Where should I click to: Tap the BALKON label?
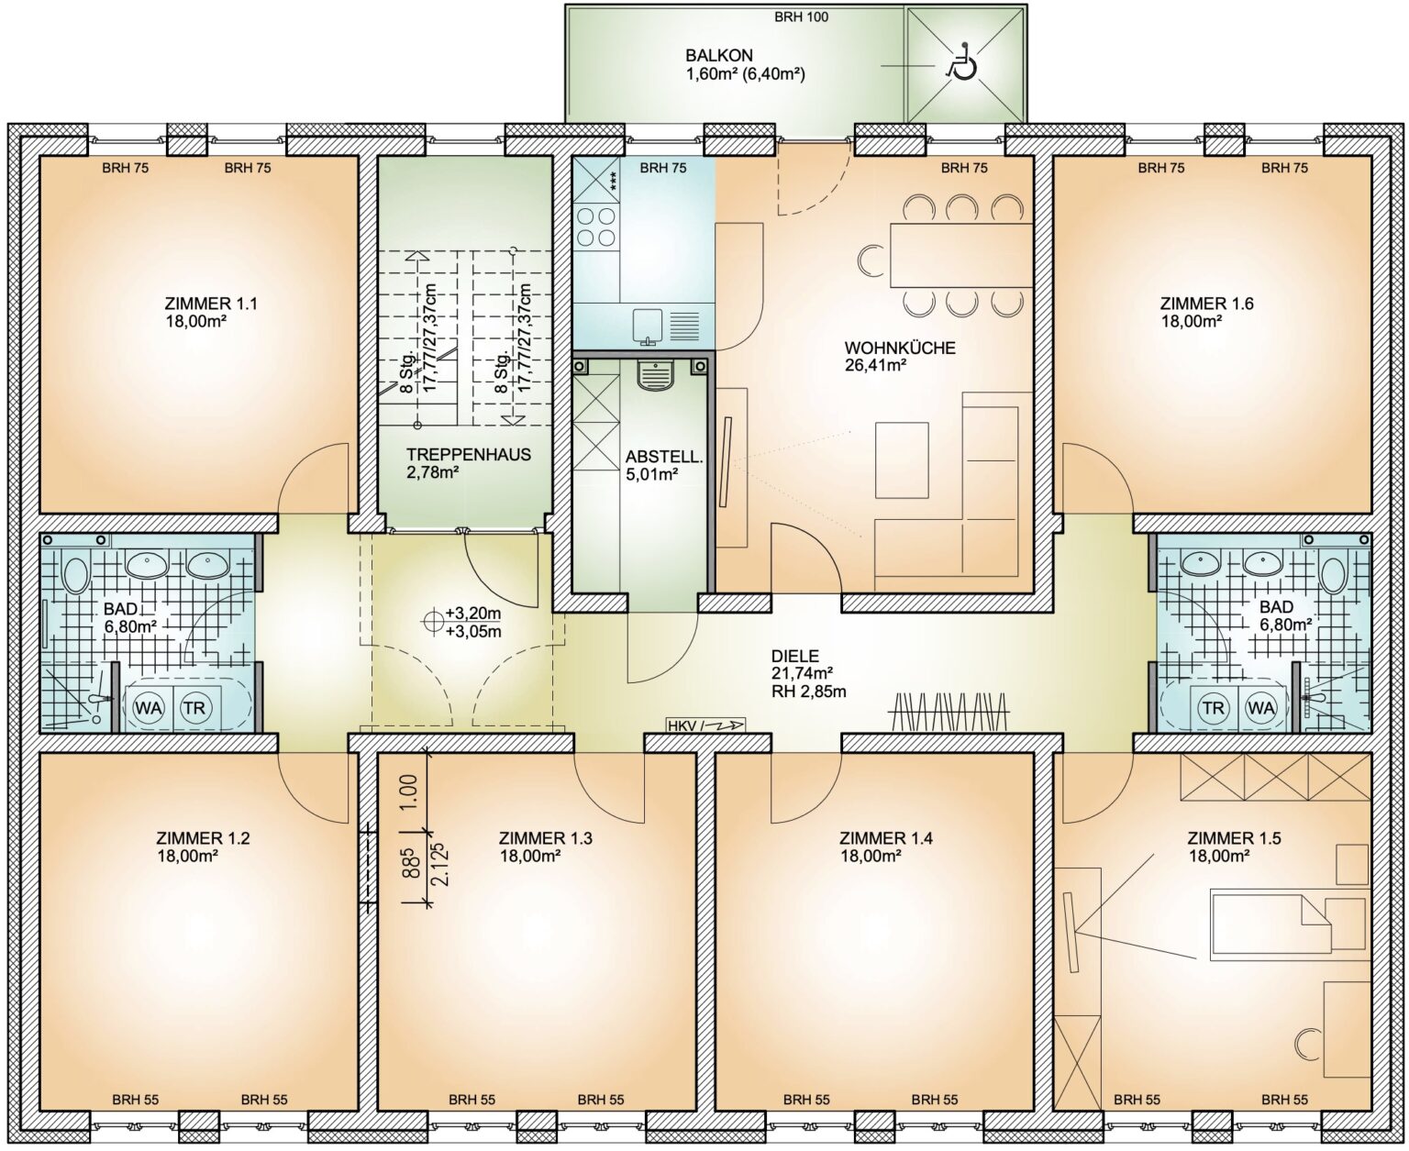click(x=719, y=55)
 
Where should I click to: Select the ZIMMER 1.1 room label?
click(x=210, y=304)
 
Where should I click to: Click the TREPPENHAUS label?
click(x=469, y=454)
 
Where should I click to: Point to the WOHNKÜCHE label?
click(x=900, y=348)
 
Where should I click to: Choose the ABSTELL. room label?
click(x=664, y=458)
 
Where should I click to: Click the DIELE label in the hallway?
click(x=795, y=656)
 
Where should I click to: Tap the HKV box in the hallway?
click(x=705, y=725)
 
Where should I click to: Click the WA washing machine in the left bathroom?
click(x=149, y=707)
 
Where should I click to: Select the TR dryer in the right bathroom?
click(x=1214, y=707)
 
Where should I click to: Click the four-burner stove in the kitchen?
click(x=596, y=227)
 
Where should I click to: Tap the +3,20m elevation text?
click(x=473, y=614)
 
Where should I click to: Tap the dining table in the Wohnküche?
click(x=961, y=255)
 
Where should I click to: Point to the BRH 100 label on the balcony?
click(x=801, y=17)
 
